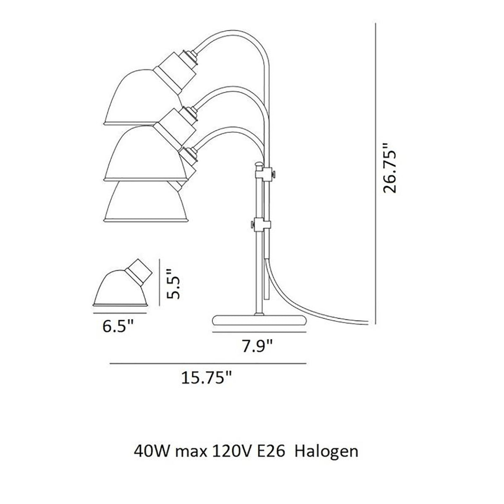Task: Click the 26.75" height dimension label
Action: pyautogui.click(x=389, y=168)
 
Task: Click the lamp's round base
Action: pyautogui.click(x=259, y=320)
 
